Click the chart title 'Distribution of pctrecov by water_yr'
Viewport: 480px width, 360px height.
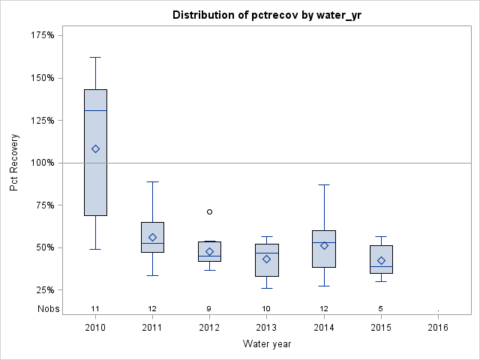pyautogui.click(x=267, y=15)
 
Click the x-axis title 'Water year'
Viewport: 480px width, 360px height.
pyautogui.click(x=267, y=343)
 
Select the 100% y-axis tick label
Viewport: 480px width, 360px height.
pyautogui.click(x=41, y=163)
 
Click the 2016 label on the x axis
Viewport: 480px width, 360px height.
pyautogui.click(x=438, y=328)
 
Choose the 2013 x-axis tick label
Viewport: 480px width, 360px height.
pyautogui.click(x=266, y=328)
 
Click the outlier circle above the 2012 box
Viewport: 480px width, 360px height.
pyautogui.click(x=209, y=211)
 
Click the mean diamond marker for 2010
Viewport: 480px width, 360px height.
pyautogui.click(x=95, y=148)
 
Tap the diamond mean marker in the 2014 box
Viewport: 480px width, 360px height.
pyautogui.click(x=324, y=245)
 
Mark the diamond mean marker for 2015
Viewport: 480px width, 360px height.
pyautogui.click(x=381, y=261)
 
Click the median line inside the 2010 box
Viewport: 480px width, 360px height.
pyautogui.click(x=95, y=110)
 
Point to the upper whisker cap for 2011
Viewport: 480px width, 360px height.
pyautogui.click(x=152, y=181)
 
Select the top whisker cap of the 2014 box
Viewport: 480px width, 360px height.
pyautogui.click(x=324, y=184)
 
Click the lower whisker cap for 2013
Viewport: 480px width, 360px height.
pyautogui.click(x=266, y=288)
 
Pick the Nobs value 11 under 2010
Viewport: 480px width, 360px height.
pyautogui.click(x=95, y=309)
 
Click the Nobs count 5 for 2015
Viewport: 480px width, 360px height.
pyautogui.click(x=381, y=309)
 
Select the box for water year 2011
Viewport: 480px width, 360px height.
pyautogui.click(x=152, y=237)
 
